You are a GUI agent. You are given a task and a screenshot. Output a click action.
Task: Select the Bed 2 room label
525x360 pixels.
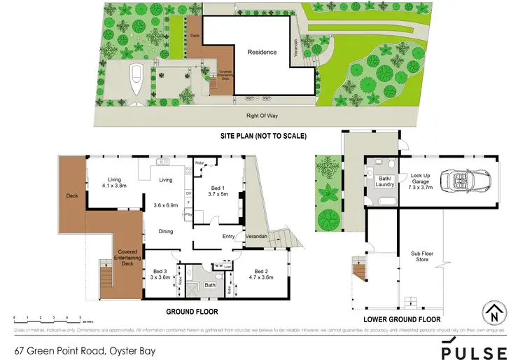(263, 274)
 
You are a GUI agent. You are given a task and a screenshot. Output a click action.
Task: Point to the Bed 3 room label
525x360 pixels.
(160, 274)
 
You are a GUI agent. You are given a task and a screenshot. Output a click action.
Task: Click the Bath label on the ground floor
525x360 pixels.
(211, 285)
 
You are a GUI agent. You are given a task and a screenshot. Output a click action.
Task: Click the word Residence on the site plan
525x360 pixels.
(262, 52)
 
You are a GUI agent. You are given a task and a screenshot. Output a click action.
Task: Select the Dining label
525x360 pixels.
(165, 231)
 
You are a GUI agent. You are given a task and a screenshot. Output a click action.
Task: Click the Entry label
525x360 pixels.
(229, 236)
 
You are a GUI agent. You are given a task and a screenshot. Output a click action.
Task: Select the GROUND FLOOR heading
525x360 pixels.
(192, 311)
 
